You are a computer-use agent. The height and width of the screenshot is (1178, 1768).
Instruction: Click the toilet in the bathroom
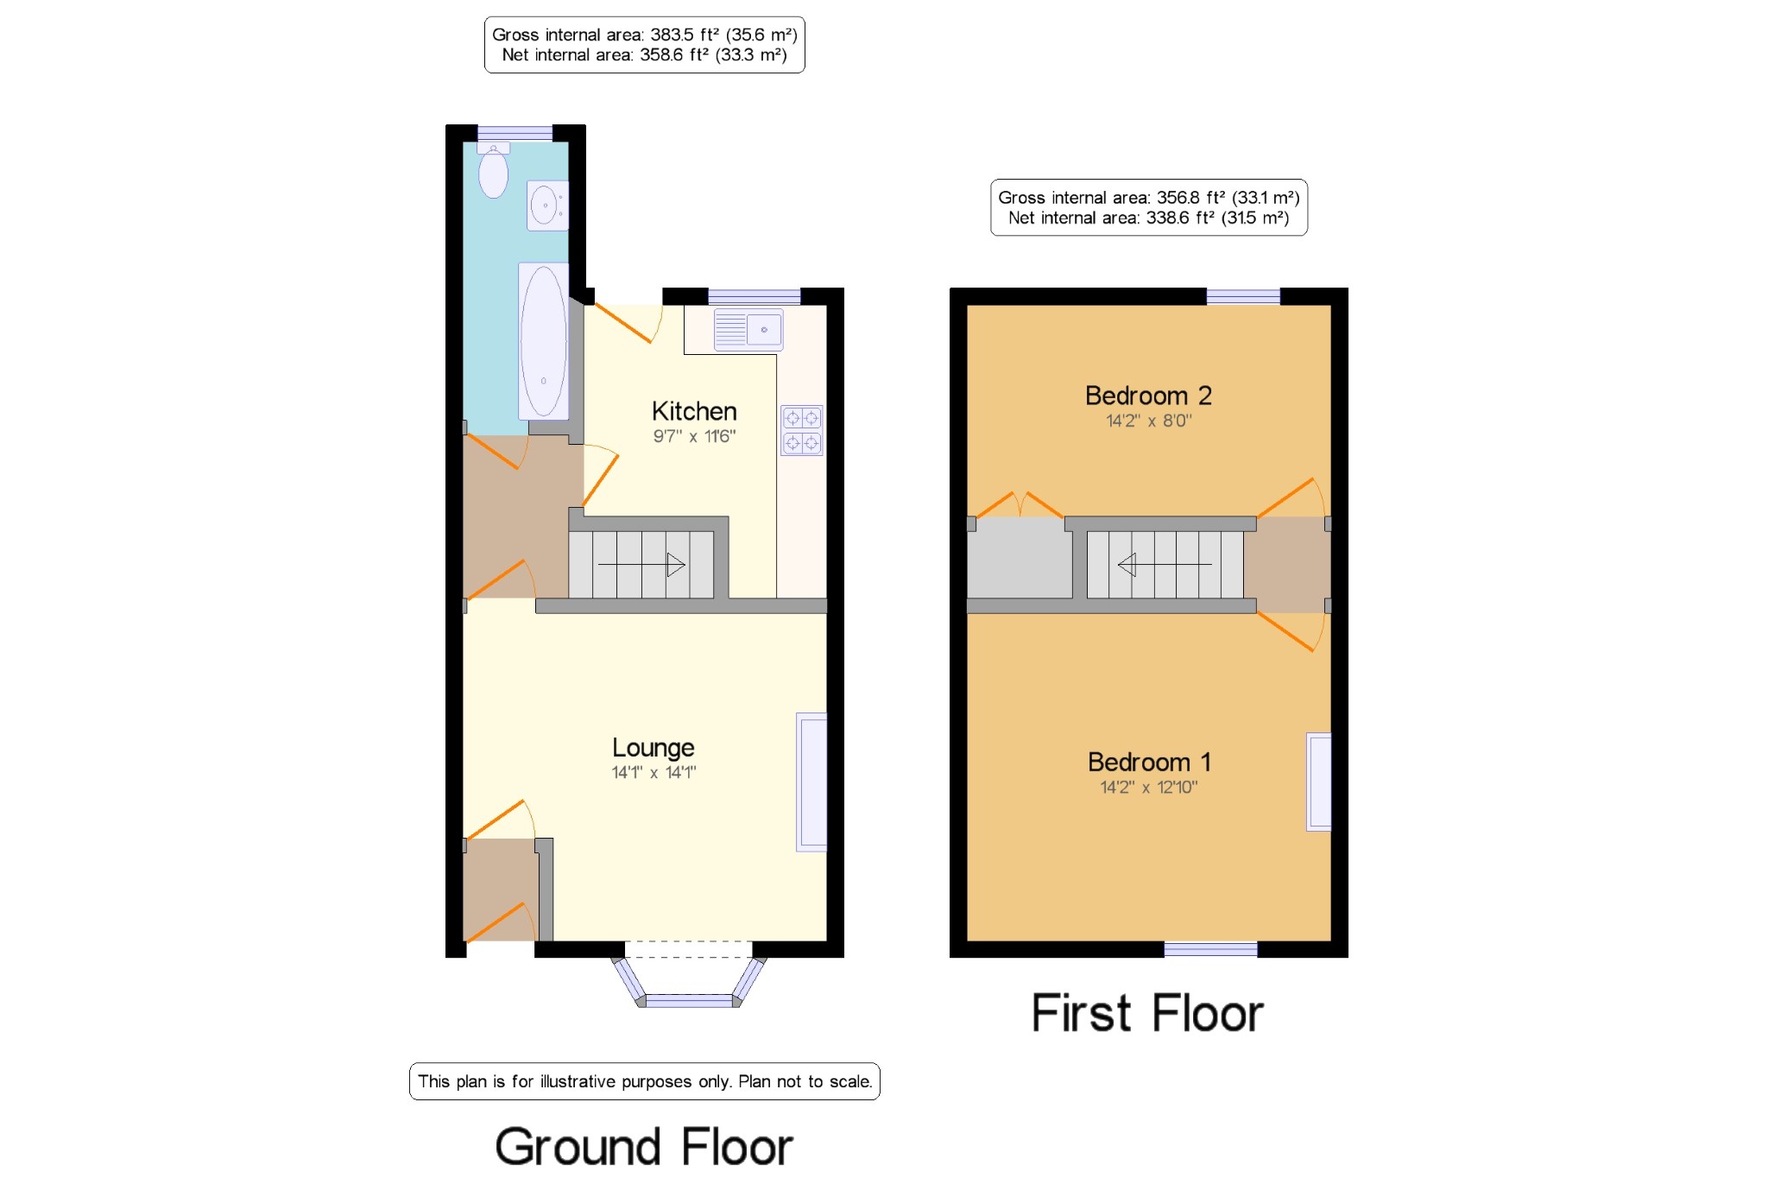click(x=493, y=169)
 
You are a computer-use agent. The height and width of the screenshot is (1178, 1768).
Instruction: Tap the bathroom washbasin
click(x=547, y=206)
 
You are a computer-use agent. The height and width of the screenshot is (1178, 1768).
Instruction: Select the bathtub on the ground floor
click(x=543, y=341)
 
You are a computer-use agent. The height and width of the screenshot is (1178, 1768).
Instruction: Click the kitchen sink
click(x=748, y=330)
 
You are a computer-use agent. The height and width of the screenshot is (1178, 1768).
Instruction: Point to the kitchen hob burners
click(x=802, y=430)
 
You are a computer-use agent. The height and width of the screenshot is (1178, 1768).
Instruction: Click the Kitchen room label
click(x=694, y=411)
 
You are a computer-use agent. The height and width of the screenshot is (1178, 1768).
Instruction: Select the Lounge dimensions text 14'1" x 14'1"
click(x=654, y=772)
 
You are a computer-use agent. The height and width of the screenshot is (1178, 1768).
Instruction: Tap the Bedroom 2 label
click(x=1148, y=396)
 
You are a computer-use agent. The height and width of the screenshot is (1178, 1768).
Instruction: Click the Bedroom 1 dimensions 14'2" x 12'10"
click(x=1148, y=787)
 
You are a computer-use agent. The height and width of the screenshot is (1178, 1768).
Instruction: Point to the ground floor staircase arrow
click(x=641, y=565)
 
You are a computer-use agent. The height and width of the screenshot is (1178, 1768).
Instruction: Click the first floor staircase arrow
click(x=1165, y=565)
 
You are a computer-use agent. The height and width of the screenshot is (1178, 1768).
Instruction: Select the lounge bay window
click(x=689, y=982)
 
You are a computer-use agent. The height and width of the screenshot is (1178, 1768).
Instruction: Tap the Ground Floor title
click(x=644, y=1147)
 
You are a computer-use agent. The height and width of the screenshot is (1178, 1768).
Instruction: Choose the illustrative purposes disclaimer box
click(x=645, y=1081)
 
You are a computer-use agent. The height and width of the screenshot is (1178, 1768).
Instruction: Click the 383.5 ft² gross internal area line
click(x=645, y=35)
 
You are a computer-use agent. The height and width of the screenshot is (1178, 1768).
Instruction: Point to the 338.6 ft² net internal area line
click(x=1149, y=218)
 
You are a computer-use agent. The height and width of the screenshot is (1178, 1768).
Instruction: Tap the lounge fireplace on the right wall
click(x=811, y=782)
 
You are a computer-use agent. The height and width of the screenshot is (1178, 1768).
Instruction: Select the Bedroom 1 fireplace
click(x=1318, y=782)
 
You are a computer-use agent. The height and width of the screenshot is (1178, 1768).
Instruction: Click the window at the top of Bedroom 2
click(x=1243, y=297)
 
